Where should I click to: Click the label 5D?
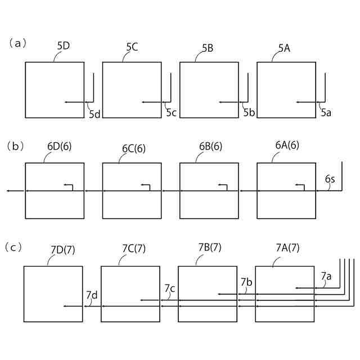point(63,46)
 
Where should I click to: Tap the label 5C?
point(132,46)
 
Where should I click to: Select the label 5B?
point(207,47)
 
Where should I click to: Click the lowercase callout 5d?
point(94,114)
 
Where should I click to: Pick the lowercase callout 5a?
point(326,113)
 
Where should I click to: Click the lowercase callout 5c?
point(172,113)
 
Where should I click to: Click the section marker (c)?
point(15,247)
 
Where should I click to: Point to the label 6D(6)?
point(60,147)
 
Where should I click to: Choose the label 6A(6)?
point(287,145)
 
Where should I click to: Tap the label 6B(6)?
point(210,147)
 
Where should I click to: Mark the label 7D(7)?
point(62,249)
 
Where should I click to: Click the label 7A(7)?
point(287,248)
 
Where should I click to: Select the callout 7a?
point(326,276)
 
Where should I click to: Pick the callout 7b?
point(246,282)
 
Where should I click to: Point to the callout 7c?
point(170,289)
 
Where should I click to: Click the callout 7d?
point(92,295)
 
